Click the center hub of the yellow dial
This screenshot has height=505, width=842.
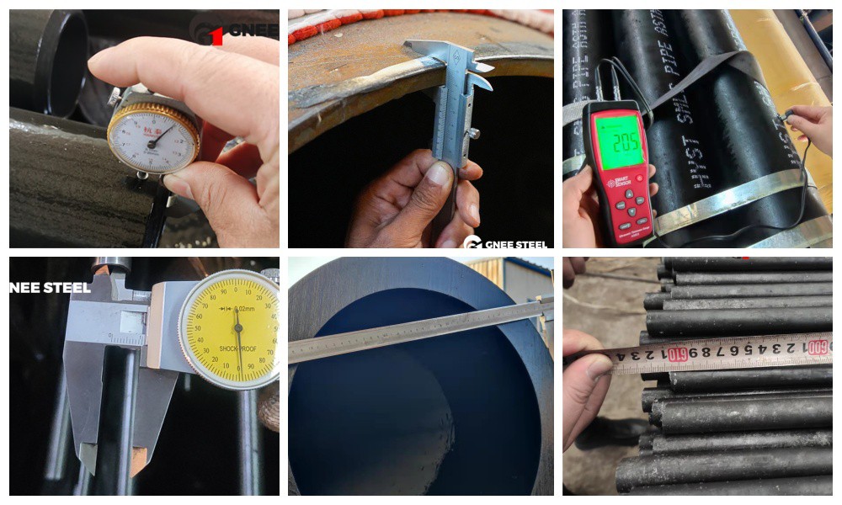238,327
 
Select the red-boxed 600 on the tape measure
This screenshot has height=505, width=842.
817,346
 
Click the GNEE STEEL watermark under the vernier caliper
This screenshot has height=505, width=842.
505,243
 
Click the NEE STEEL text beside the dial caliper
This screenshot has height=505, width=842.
50,288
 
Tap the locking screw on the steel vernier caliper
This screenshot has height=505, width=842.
474,132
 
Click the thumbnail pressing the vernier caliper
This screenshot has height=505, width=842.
440,174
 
